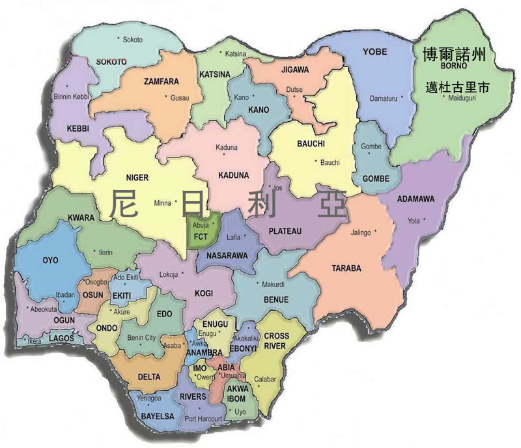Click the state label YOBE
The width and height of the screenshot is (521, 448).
pos(374,51)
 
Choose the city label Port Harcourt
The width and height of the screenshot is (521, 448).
pos(204,419)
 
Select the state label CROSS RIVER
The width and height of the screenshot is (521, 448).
pos(277,341)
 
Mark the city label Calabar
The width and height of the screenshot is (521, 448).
pos(266,379)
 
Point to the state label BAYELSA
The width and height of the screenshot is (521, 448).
pos(157,415)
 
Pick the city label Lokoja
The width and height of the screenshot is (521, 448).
pos(168,275)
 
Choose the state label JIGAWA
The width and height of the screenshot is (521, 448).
pos(295,69)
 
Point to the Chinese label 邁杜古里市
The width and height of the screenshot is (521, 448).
pos(457,86)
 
